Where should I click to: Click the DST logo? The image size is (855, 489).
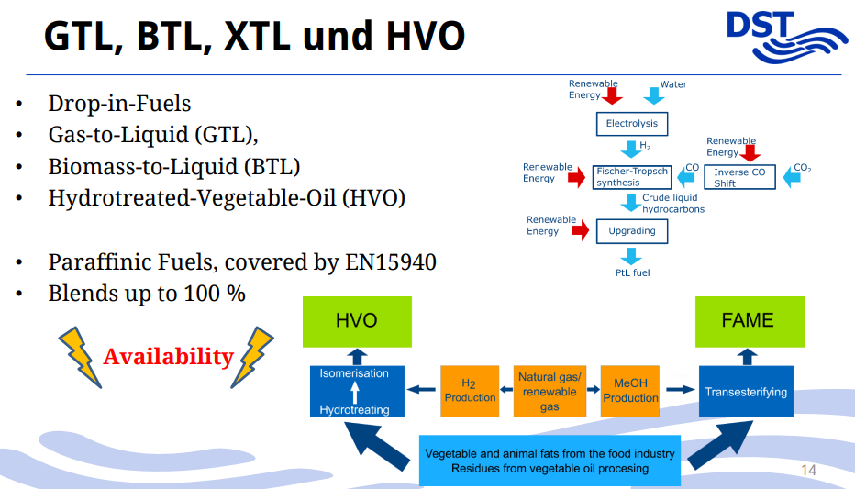click(x=786, y=37)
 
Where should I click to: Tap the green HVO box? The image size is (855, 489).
click(x=357, y=322)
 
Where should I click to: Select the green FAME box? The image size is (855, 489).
click(x=750, y=322)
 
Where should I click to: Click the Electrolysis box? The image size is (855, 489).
click(x=632, y=124)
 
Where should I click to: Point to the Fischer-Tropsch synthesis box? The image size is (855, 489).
click(x=632, y=177)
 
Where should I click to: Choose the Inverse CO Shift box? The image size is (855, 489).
click(x=740, y=177)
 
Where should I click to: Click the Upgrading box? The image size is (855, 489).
click(x=632, y=231)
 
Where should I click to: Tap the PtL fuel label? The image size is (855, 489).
click(x=632, y=272)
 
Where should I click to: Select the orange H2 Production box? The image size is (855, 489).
click(x=470, y=391)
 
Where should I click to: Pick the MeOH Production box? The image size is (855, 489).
click(x=630, y=391)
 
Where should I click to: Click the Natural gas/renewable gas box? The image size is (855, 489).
click(x=550, y=391)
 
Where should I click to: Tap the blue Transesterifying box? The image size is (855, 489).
click(x=746, y=392)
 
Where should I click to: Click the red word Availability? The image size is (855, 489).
click(x=169, y=357)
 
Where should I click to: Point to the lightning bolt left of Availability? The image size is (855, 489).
click(x=80, y=357)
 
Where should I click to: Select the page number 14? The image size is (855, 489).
click(x=808, y=470)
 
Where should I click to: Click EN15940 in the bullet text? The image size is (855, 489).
click(x=391, y=262)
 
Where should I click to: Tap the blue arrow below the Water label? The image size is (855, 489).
click(x=654, y=96)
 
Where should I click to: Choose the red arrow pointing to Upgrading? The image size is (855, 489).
click(x=580, y=230)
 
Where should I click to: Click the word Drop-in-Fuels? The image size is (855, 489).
click(x=119, y=104)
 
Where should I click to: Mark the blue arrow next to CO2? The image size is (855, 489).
click(x=791, y=177)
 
